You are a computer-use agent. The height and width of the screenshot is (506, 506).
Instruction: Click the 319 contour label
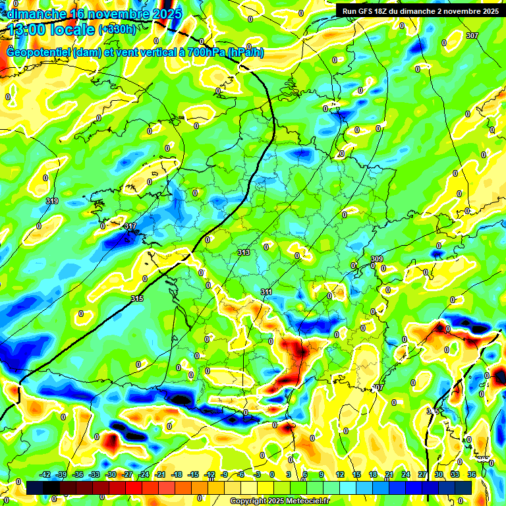click(53, 201)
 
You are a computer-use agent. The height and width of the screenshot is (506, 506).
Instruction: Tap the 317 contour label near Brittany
click(130, 226)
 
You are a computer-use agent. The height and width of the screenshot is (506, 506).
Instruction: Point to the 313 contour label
click(244, 252)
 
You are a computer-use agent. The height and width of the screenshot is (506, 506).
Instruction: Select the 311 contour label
click(267, 291)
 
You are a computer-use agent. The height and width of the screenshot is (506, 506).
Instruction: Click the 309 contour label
click(377, 259)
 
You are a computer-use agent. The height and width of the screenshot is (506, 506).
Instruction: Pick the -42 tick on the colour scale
click(45, 474)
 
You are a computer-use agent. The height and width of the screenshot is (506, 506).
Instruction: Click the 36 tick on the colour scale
click(472, 474)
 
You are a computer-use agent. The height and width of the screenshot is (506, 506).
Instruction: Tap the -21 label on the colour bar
click(160, 474)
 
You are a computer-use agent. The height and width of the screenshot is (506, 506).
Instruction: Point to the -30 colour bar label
click(111, 474)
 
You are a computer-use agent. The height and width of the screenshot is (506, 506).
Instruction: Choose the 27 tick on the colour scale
click(422, 474)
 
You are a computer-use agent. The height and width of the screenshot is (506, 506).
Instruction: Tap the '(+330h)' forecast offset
click(117, 29)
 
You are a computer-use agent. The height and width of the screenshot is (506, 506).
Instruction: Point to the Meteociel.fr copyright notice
click(279, 501)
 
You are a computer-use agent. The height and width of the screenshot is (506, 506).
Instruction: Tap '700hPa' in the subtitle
click(204, 52)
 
